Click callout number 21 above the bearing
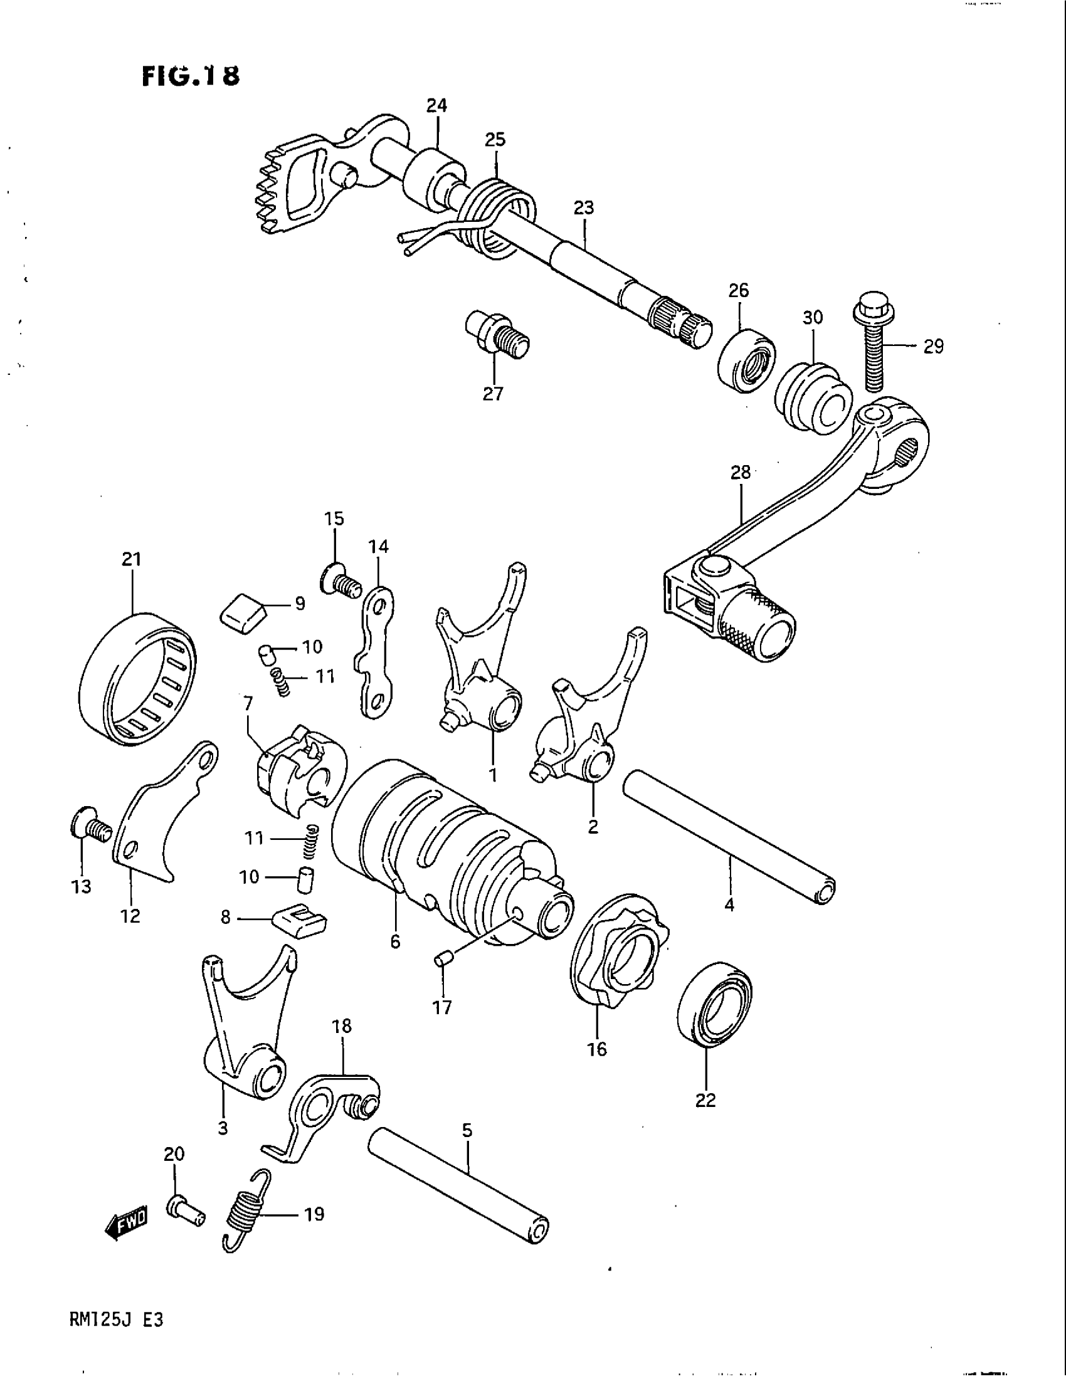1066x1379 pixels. (132, 558)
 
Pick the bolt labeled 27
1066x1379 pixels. (498, 335)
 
